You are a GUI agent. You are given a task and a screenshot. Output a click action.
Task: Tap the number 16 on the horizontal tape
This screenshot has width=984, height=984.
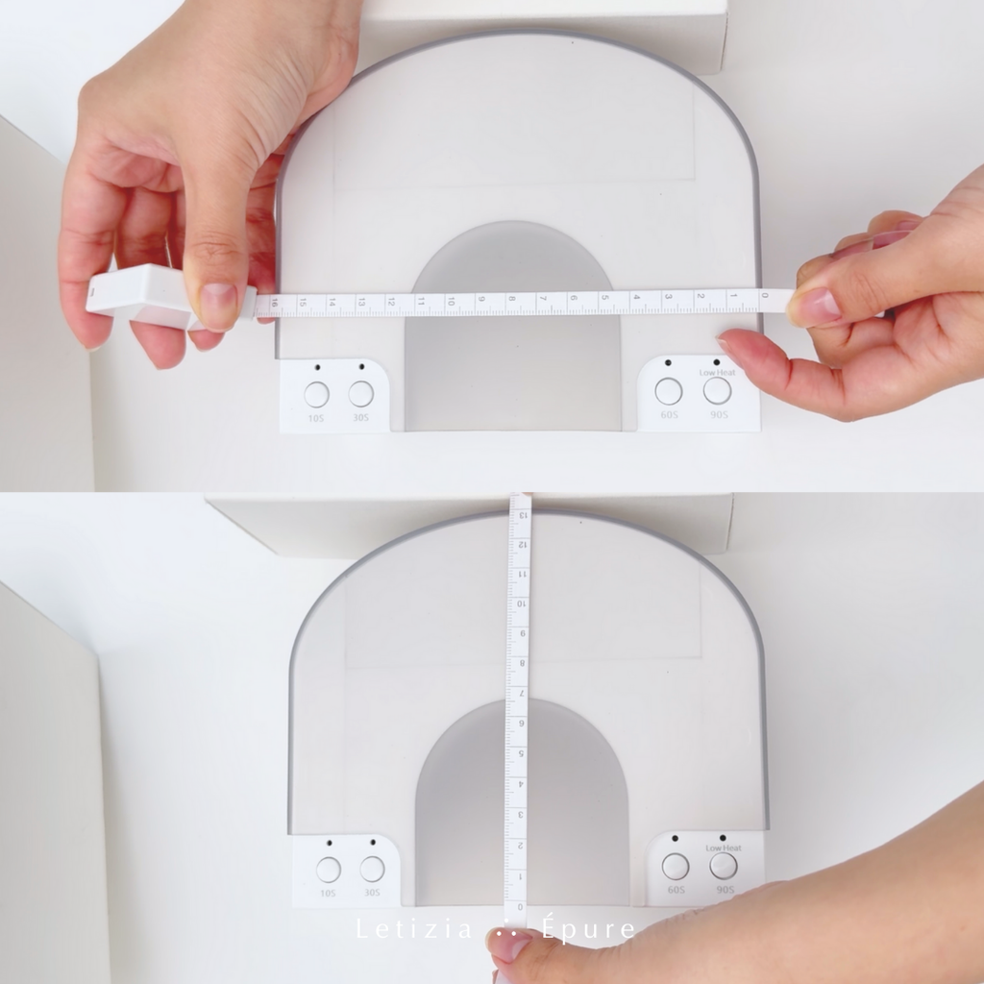[276, 303]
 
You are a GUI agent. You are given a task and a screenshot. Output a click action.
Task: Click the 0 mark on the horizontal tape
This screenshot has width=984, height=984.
[764, 295]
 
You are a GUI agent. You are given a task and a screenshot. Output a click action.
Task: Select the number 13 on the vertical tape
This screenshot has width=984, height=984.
[522, 515]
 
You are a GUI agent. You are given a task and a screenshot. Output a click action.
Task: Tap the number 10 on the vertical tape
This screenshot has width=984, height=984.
[521, 603]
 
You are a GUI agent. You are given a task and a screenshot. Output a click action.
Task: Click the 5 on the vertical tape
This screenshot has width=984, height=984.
[519, 753]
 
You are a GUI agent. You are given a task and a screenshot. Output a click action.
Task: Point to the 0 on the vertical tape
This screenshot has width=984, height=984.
[518, 906]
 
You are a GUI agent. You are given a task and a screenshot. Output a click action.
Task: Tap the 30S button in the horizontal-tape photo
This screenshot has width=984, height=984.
[361, 394]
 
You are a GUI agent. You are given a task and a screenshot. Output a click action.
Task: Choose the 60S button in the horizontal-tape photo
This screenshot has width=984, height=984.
[669, 391]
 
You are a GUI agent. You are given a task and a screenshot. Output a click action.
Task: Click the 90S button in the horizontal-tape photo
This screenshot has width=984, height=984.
[717, 390]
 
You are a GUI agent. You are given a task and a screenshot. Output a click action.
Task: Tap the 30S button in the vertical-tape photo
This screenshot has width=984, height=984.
[372, 870]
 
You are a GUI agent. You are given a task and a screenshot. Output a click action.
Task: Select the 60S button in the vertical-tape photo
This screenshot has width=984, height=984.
[676, 866]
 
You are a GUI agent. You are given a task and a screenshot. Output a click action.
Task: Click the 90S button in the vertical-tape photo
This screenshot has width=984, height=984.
[724, 866]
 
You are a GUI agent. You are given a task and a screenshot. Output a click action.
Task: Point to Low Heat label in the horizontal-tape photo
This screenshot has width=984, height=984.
[717, 372]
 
